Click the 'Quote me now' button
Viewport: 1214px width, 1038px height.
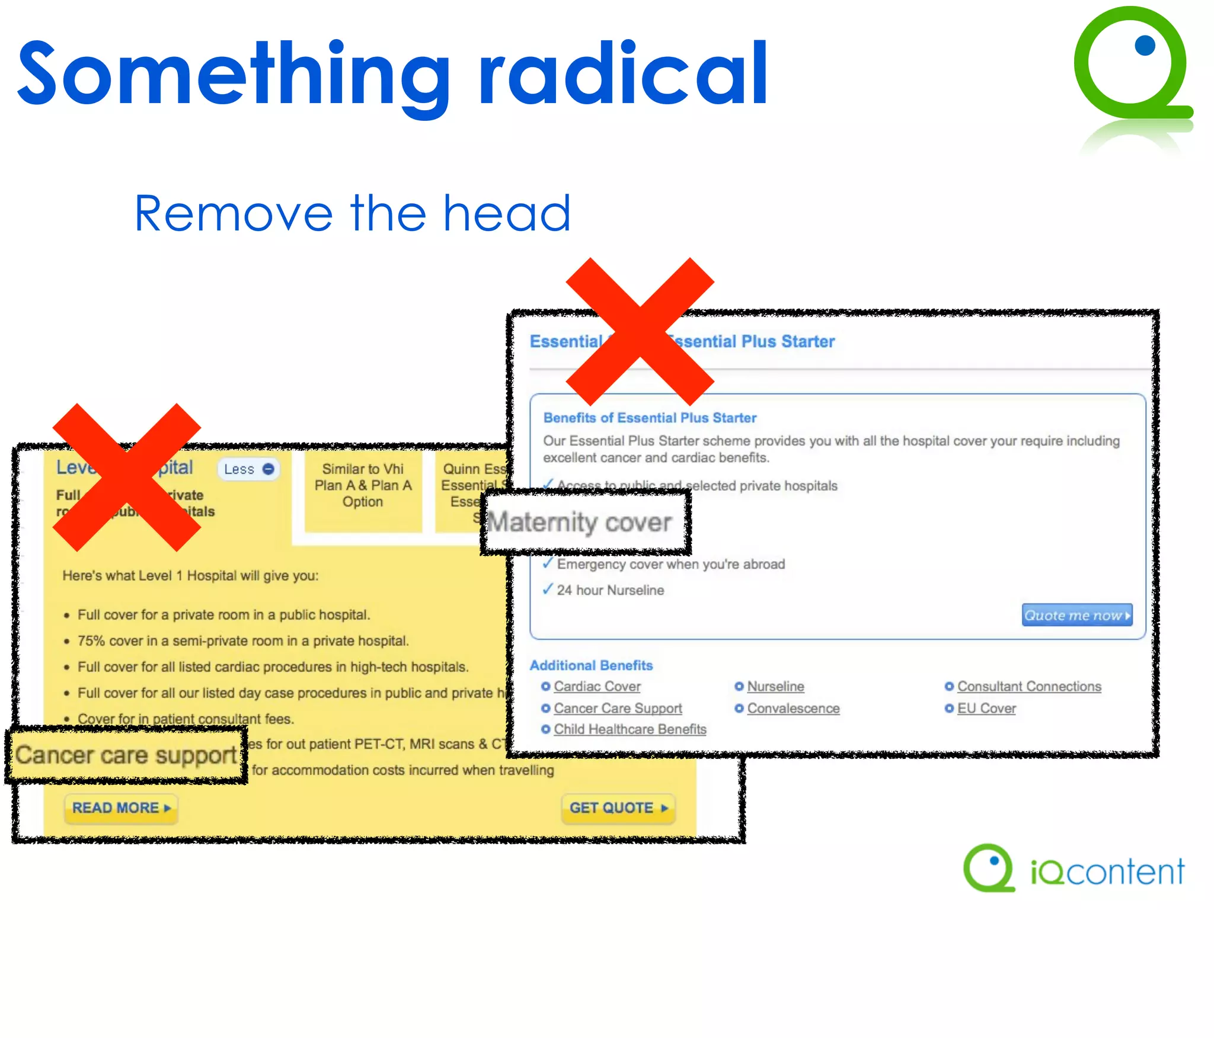coord(1076,615)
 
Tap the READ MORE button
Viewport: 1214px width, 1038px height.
coord(121,808)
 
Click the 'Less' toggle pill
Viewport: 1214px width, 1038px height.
coord(248,469)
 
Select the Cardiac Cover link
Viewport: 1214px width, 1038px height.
coord(597,686)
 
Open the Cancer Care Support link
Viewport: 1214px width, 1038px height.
coord(618,708)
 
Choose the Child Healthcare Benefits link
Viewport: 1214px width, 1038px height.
coord(630,729)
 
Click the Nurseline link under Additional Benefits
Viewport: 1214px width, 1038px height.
coord(775,686)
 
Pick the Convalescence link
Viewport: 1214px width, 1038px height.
coord(793,708)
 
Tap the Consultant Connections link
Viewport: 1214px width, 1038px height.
coord(1029,686)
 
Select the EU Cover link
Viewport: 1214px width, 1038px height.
coord(986,708)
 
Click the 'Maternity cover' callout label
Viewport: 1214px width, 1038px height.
coord(580,523)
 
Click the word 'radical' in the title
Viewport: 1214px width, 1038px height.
coord(622,74)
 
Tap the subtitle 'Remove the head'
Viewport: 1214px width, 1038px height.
coord(353,213)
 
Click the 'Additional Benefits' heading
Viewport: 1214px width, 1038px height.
coord(591,665)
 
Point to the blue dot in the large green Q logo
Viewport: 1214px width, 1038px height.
coord(1145,46)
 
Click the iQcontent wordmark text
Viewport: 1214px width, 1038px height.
coord(1107,872)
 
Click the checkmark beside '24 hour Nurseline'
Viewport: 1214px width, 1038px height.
coord(548,590)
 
